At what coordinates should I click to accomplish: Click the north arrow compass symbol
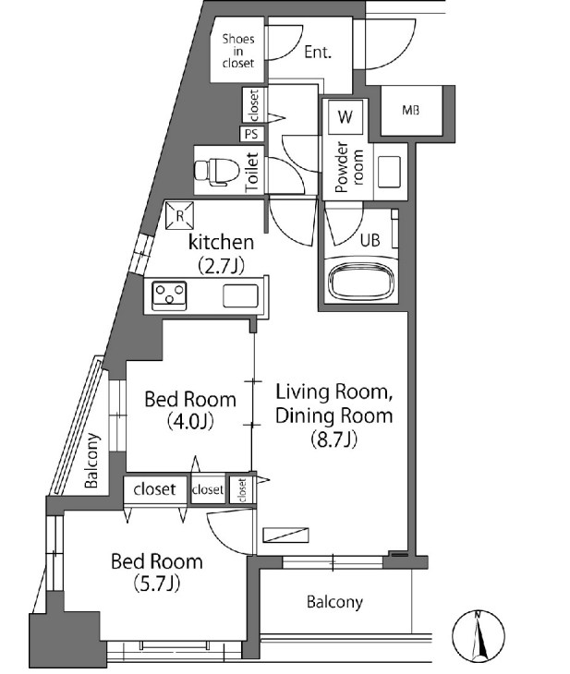point(478,636)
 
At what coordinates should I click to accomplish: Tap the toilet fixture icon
point(217,172)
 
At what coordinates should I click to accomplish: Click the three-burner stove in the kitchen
point(169,295)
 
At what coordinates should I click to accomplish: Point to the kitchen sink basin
point(240,295)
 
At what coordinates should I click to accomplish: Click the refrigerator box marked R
point(180,215)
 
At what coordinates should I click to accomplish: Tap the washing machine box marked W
point(346,116)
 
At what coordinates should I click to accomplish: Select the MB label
point(411,111)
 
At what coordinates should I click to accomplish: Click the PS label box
point(251,134)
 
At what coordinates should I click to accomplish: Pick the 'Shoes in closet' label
point(238,51)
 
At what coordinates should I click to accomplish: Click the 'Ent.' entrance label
point(319,52)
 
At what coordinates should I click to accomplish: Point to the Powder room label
point(348,167)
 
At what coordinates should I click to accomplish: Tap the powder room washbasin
point(389,172)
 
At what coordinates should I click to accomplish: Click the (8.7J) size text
point(334,439)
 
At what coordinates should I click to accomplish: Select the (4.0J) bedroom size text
point(190,421)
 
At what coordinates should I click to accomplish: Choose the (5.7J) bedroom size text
point(157,584)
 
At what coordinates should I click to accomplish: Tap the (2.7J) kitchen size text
point(221,266)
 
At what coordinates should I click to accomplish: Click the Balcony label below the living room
point(334,602)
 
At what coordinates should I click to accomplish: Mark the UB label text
point(370,240)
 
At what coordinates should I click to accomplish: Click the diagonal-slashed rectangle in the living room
point(286,535)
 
